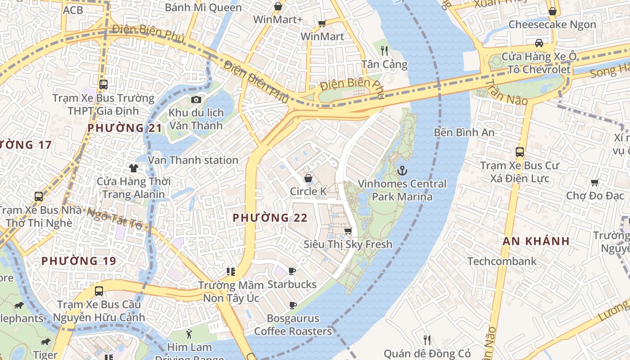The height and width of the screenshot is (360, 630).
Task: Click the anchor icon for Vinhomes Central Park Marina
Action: pos(402,171)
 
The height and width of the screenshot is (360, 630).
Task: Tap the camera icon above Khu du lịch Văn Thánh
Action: pos(196,99)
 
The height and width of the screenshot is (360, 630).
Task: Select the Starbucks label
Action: pos(292,284)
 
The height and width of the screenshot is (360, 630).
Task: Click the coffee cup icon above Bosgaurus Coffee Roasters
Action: pos(292,306)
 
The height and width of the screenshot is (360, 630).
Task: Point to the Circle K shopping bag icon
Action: pos(308,178)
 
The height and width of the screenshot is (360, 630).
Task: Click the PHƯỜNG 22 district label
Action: pos(270,218)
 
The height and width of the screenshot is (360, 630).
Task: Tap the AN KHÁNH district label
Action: pos(536,241)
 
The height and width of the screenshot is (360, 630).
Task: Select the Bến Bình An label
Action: pos(464,132)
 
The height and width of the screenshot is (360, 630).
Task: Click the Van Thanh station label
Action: pos(193,160)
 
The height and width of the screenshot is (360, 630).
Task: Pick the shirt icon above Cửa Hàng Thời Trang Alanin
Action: pos(134,168)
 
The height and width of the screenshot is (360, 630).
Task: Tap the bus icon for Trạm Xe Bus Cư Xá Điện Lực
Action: pos(520,152)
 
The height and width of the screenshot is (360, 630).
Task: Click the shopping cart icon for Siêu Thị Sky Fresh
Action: pos(348,231)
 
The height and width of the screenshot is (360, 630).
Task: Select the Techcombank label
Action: pos(502,261)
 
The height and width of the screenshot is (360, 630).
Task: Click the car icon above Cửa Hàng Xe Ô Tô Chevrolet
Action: pos(539,43)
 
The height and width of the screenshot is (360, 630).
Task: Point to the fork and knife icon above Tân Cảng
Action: pos(384,51)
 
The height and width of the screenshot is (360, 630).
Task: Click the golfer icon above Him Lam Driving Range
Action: pos(189,334)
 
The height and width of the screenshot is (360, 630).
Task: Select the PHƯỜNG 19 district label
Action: pos(79,261)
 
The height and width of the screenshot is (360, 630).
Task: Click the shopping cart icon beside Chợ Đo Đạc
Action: pos(595,182)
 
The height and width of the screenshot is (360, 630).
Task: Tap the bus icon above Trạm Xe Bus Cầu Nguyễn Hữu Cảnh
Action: pos(99,291)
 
